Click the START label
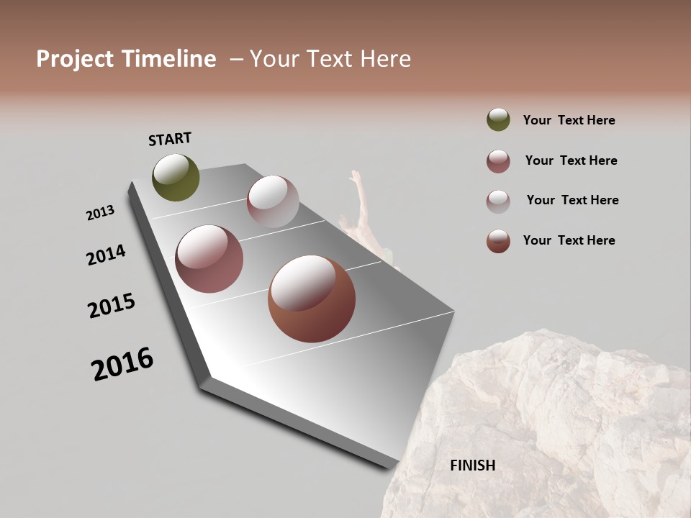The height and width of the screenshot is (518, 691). (170, 139)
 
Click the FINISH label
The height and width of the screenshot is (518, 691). (472, 465)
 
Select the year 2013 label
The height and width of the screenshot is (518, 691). (100, 213)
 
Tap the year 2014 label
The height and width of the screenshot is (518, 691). (106, 255)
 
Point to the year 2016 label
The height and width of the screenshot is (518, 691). (122, 364)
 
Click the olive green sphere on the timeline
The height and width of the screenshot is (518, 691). (176, 177)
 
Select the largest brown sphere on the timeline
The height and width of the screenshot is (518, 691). (311, 299)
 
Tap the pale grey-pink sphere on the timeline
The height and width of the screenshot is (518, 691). (273, 201)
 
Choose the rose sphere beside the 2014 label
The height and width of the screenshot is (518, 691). (209, 259)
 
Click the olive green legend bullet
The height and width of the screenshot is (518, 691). (498, 120)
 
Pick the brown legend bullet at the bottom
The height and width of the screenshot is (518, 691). (498, 241)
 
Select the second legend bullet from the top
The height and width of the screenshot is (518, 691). (498, 161)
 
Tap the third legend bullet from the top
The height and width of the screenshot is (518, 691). (498, 201)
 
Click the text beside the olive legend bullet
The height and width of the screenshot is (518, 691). (569, 121)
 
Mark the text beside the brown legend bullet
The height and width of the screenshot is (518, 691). (569, 240)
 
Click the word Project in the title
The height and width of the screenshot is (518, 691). (74, 59)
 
